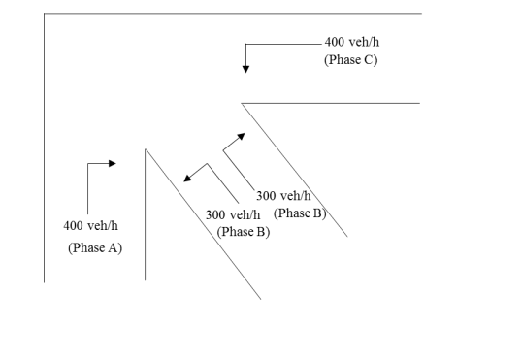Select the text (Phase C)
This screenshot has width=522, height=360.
(x=350, y=60)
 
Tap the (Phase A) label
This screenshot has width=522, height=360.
(x=95, y=247)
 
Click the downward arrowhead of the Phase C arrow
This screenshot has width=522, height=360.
(x=246, y=69)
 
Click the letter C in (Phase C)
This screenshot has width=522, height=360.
(x=369, y=60)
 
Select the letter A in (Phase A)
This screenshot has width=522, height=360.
(x=114, y=247)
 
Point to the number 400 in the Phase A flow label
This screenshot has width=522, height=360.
(x=73, y=226)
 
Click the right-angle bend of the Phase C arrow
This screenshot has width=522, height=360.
(x=246, y=44)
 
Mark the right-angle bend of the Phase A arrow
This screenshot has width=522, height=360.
(x=88, y=163)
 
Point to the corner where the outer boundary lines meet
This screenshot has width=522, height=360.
(x=44, y=14)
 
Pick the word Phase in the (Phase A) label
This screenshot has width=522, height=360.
(x=91, y=247)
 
